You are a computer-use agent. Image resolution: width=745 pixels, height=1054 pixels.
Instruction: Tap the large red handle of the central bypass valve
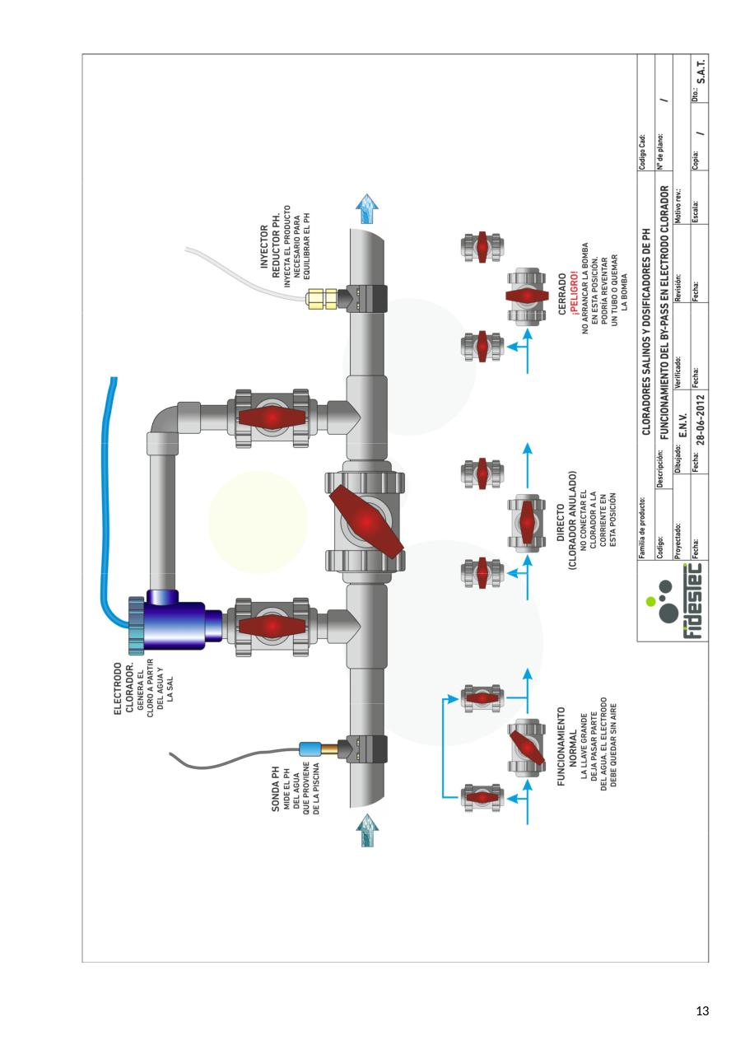[366, 521]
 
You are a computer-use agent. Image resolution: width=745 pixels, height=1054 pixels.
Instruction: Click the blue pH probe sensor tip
[310, 749]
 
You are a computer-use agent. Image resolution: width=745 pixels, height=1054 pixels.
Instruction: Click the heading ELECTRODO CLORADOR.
[123, 688]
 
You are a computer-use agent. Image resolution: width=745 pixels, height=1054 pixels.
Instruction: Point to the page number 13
[702, 1011]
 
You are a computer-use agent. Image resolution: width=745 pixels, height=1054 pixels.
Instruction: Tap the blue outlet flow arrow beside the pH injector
[367, 211]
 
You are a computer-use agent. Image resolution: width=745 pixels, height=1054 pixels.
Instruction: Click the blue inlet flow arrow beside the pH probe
[367, 832]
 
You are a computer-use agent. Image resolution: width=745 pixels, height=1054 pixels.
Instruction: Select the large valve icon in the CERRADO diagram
[522, 296]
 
